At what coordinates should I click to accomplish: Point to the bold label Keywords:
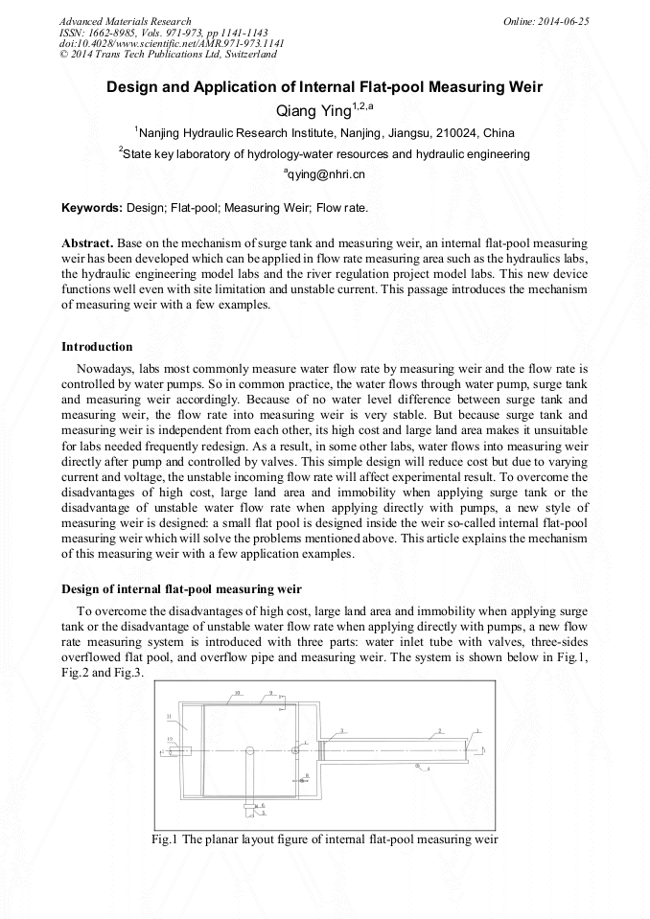[92, 207]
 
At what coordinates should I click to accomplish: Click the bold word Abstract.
[87, 244]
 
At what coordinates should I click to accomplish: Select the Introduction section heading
[97, 346]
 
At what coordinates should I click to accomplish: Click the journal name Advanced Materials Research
[125, 21]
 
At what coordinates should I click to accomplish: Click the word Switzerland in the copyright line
[248, 55]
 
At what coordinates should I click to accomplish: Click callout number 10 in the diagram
[238, 692]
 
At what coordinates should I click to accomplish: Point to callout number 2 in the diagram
[440, 730]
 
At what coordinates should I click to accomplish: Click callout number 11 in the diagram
[169, 716]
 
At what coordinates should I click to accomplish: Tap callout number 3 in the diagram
[341, 730]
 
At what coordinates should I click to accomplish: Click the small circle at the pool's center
[248, 750]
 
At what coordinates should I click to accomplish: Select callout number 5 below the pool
[264, 814]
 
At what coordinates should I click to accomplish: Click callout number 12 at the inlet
[171, 739]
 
